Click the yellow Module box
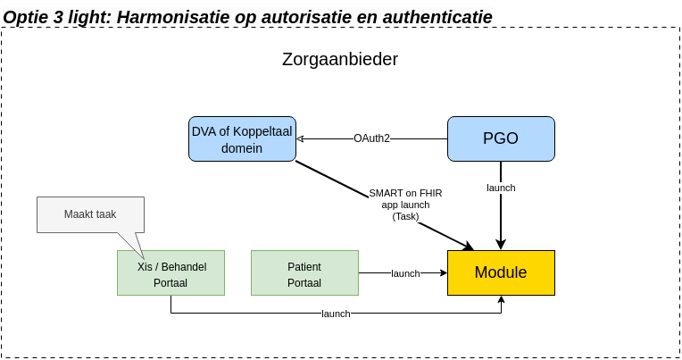point(501,272)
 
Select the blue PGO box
point(501,138)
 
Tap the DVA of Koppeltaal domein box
point(242,138)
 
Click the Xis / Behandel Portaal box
point(170,273)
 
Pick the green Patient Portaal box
point(304,273)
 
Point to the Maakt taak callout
point(90,214)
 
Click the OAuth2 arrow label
point(371,138)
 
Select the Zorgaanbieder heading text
point(340,60)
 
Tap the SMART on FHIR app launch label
point(405,198)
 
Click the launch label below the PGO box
point(501,188)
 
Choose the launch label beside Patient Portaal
point(405,273)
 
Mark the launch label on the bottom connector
point(336,314)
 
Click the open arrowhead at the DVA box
point(301,138)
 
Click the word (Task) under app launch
point(405,216)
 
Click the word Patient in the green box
point(304,266)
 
